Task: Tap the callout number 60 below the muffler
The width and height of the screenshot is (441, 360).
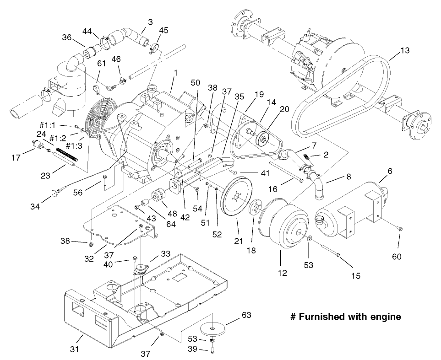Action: (x=397, y=256)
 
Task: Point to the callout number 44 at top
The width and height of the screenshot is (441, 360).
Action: (x=87, y=30)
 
